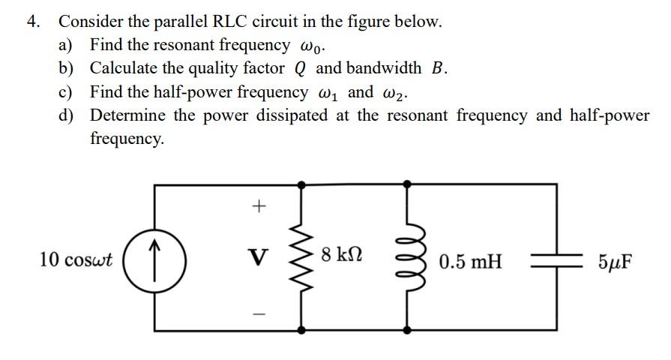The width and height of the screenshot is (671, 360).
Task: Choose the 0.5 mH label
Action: [471, 262]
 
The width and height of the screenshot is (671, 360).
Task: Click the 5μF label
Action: [616, 262]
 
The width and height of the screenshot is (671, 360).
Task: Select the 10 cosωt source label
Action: [76, 260]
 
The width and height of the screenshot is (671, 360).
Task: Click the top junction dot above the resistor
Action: [304, 183]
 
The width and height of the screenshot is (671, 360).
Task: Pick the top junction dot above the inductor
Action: [408, 183]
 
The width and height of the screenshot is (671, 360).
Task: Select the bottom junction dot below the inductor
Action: [408, 331]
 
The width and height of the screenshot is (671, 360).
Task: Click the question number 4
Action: [33, 22]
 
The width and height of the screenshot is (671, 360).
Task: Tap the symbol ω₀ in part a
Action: [313, 46]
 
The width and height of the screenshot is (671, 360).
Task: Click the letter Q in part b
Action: [300, 69]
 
